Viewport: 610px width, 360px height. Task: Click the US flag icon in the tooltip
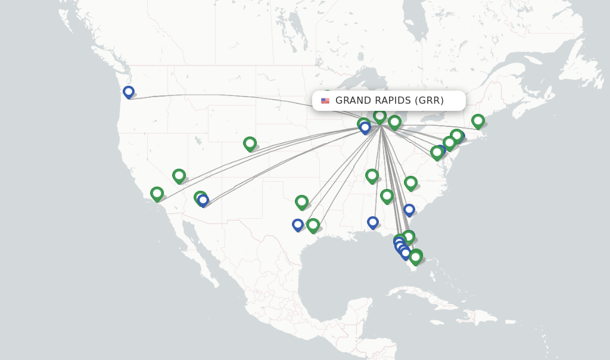click(325, 101)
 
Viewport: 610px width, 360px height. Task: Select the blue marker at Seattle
click(129, 92)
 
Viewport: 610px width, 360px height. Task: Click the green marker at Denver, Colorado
click(250, 143)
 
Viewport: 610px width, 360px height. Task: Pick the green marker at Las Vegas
click(179, 175)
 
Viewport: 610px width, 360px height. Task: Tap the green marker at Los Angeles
click(157, 193)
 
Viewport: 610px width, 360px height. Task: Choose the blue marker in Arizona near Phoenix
click(203, 200)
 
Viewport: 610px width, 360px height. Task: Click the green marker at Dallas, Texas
click(301, 201)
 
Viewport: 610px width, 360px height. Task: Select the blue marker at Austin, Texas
click(298, 225)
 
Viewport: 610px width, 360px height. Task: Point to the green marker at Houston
click(313, 225)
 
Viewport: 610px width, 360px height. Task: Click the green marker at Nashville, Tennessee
click(372, 175)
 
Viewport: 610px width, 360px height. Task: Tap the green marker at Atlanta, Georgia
click(387, 195)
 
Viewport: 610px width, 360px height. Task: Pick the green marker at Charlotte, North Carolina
click(410, 182)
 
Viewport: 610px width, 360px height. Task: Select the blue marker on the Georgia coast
click(409, 210)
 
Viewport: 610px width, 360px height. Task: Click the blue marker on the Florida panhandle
click(373, 222)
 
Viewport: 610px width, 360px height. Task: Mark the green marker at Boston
click(478, 120)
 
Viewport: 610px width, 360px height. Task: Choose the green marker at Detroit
click(394, 122)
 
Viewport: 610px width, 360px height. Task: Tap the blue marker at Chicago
click(365, 128)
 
